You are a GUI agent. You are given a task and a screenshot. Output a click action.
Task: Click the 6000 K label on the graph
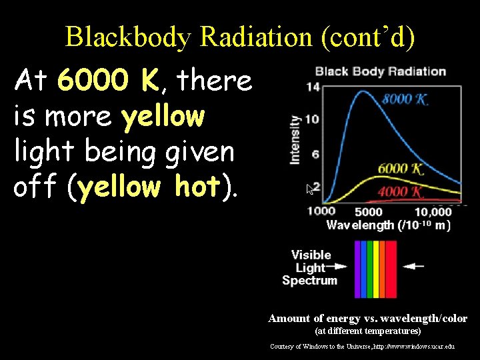401,169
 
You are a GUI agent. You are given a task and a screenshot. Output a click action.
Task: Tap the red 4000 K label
401,193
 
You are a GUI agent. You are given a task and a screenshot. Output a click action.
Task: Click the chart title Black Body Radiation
380,71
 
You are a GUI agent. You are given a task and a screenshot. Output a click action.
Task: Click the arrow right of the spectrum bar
414,265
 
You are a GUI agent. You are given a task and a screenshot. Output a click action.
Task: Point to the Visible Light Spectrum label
310,267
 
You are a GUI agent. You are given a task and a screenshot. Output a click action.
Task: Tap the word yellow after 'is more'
163,117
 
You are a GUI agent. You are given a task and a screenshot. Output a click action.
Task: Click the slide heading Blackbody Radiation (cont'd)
240,37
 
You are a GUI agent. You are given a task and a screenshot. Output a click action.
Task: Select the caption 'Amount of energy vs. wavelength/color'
367,319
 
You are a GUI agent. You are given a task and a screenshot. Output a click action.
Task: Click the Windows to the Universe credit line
362,347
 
